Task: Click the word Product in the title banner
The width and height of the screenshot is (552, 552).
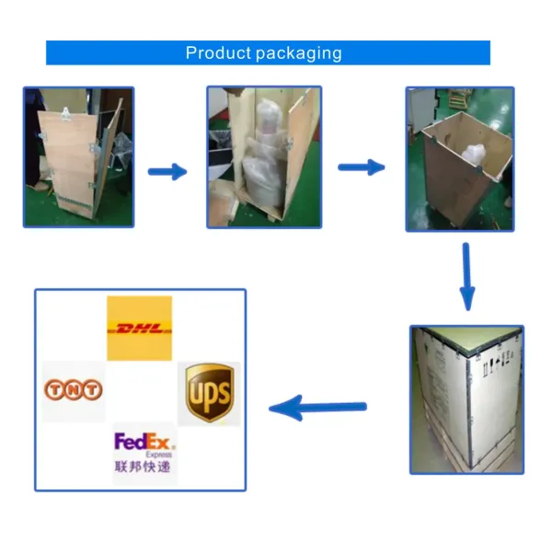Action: (213, 52)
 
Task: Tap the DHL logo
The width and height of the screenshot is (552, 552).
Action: (139, 328)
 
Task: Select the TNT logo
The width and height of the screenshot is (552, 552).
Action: (73, 390)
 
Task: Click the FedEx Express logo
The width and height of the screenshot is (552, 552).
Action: (144, 443)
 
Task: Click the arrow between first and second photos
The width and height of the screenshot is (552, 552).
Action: (167, 171)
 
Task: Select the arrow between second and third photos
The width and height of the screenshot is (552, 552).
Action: (361, 167)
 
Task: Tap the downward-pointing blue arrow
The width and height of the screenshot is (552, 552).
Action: (466, 275)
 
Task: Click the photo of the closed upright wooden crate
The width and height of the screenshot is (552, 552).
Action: (78, 156)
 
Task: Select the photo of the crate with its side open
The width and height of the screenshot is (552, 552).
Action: (264, 156)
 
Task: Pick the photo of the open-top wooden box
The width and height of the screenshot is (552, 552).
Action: (459, 158)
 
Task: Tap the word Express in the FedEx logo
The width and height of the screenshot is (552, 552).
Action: (158, 454)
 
